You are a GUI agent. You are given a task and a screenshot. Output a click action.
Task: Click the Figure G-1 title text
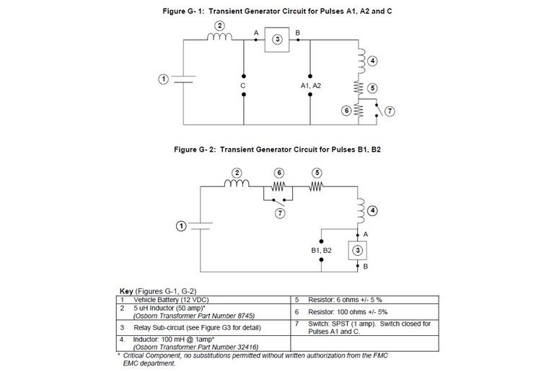coord(277,12)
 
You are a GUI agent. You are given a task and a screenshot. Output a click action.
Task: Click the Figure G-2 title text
coord(277,152)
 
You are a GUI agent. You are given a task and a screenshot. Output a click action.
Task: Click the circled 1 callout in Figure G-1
coord(164,78)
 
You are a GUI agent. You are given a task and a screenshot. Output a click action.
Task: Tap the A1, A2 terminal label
coord(311,85)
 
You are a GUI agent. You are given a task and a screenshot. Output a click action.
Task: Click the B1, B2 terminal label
coord(317,250)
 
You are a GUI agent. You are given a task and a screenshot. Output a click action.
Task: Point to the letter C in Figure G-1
coord(243,85)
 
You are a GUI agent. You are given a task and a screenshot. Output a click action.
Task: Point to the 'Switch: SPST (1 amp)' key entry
coord(353,324)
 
